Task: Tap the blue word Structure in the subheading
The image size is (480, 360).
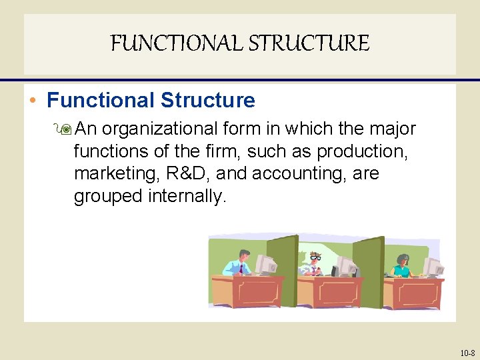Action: coord(208,101)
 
